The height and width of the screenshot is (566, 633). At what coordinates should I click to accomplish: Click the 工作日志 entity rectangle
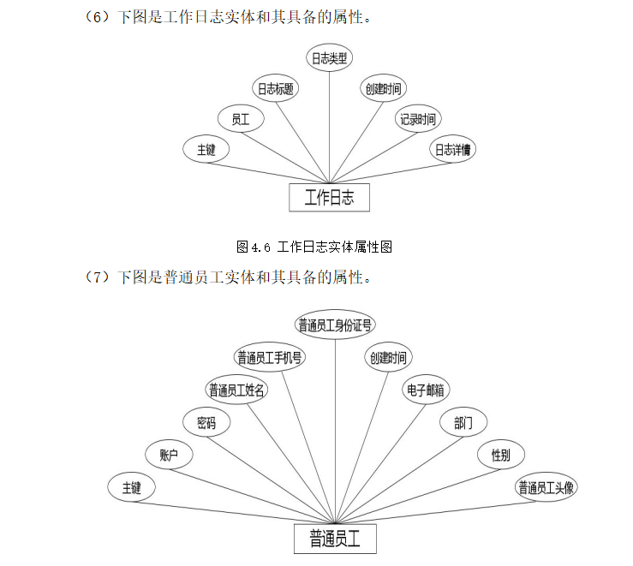click(329, 198)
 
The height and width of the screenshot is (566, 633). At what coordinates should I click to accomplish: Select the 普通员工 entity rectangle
click(335, 539)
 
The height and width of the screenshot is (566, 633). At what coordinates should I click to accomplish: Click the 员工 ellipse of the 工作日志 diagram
click(240, 119)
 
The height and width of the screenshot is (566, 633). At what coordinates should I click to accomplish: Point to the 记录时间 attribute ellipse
click(417, 119)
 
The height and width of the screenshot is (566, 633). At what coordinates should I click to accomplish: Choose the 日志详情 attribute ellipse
click(453, 149)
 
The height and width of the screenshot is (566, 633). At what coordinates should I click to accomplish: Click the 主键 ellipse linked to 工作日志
click(206, 149)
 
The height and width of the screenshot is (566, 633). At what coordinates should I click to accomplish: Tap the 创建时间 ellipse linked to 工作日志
click(383, 88)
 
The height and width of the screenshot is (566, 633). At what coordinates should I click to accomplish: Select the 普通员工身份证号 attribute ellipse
click(335, 325)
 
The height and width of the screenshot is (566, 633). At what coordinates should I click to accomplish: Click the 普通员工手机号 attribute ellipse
click(270, 357)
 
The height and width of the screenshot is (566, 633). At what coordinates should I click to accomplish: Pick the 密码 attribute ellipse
click(206, 422)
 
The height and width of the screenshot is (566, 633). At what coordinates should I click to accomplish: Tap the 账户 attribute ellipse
click(169, 455)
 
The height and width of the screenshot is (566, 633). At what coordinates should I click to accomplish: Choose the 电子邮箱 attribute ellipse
click(426, 390)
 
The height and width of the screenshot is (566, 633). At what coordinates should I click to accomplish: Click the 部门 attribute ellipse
click(463, 422)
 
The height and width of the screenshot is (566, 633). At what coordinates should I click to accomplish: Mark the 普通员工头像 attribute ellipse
click(546, 487)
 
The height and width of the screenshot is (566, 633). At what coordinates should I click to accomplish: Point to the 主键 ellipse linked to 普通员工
click(131, 487)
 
